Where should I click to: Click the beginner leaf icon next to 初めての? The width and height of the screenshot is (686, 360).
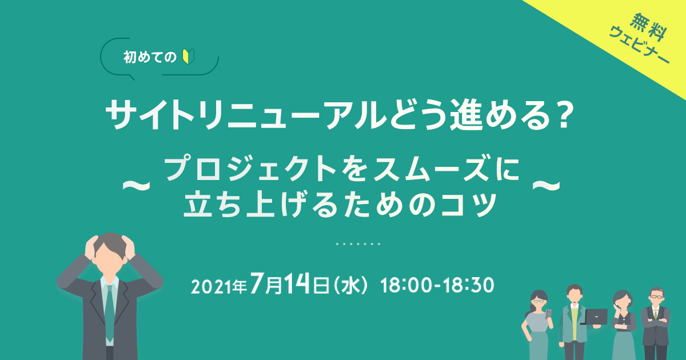(186, 57)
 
